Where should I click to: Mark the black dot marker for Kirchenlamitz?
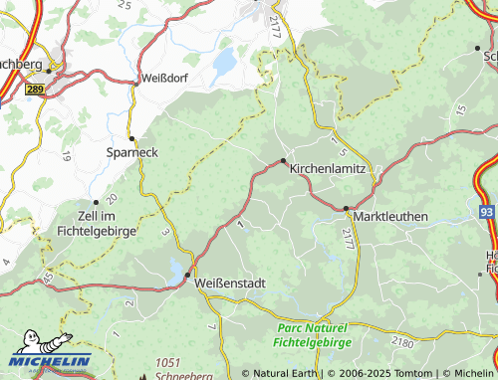click(x=284, y=159)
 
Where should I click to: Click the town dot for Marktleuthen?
click(x=347, y=209)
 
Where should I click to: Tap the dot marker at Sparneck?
click(x=131, y=137)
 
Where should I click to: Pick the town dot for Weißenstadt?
click(x=187, y=276)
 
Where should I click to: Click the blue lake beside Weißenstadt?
click(x=176, y=270)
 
